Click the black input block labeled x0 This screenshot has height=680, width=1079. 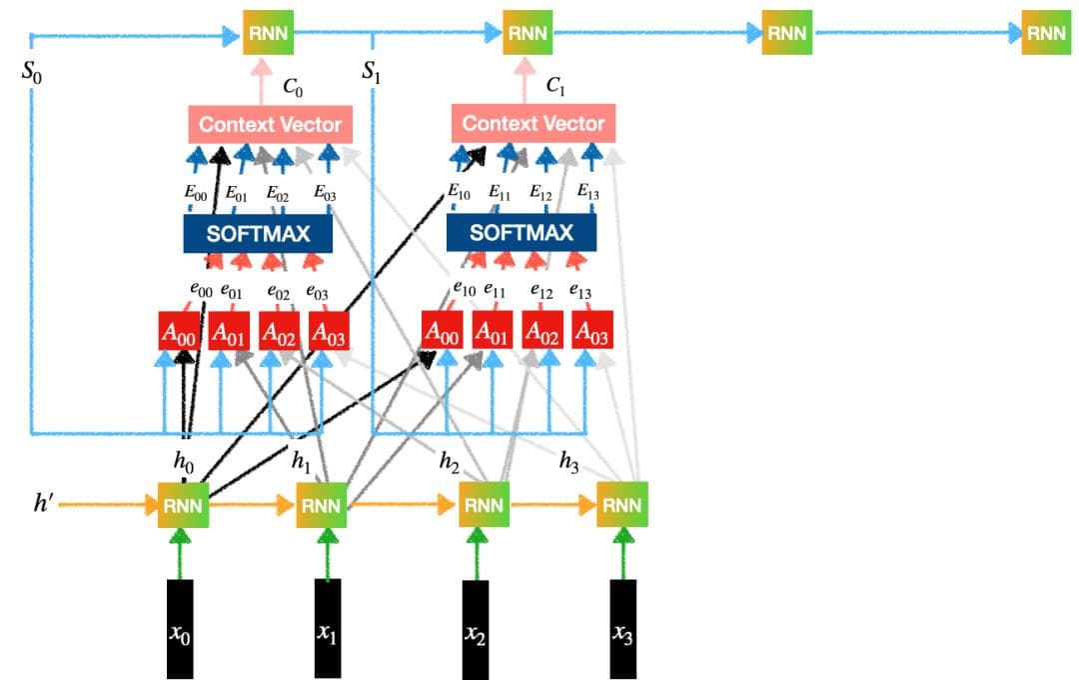[180, 627]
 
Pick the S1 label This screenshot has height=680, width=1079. [371, 74]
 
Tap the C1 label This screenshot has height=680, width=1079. [555, 88]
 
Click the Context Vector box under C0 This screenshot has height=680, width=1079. [270, 125]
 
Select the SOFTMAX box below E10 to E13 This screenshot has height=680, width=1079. [522, 233]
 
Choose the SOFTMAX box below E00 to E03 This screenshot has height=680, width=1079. [259, 234]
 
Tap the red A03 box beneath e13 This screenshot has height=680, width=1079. [592, 333]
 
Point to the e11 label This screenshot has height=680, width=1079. [495, 291]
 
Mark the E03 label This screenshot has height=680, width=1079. [325, 193]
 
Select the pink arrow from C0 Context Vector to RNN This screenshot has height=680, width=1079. [264, 80]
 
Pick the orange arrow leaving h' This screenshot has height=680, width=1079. [105, 505]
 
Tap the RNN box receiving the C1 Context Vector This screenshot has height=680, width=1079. [527, 33]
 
